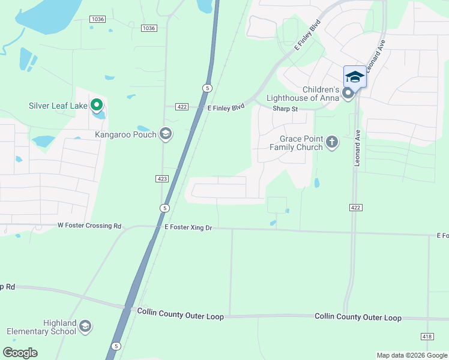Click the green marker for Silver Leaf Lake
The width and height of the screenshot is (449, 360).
tap(95, 106)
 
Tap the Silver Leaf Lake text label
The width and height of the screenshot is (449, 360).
tap(58, 106)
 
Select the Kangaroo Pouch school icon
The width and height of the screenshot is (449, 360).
tap(166, 134)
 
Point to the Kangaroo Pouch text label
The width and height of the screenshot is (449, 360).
tap(125, 134)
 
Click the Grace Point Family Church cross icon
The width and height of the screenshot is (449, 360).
tap(332, 143)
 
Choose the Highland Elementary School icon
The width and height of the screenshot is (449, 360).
tap(85, 326)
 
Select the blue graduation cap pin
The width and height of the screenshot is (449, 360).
tap(355, 76)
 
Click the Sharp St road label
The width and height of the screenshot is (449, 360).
tap(285, 109)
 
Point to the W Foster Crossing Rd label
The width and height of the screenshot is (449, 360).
tap(89, 226)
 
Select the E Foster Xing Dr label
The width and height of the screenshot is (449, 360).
tap(188, 228)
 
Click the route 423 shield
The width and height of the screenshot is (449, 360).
tap(161, 178)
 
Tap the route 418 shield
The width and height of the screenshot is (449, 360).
tap(427, 336)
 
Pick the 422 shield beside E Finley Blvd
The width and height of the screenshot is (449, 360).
tap(182, 107)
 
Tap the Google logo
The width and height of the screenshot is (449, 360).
tap(20, 353)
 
